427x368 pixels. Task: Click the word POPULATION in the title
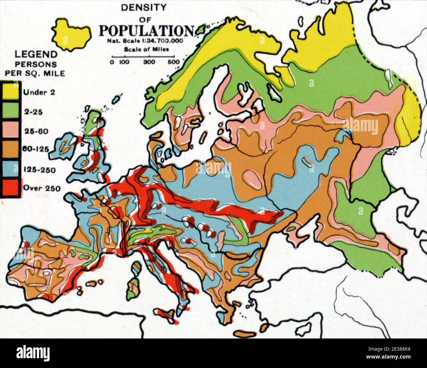(146, 31)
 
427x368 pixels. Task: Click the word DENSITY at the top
(144, 7)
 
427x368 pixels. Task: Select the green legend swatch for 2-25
(11, 111)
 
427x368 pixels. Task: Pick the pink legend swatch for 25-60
(11, 130)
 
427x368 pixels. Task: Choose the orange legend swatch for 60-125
(11, 149)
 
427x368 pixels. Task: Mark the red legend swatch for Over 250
(11, 188)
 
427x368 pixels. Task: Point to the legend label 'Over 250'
(39, 188)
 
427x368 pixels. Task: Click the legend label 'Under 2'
(38, 92)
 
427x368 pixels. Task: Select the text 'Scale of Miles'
(146, 50)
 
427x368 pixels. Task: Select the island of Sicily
(166, 315)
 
